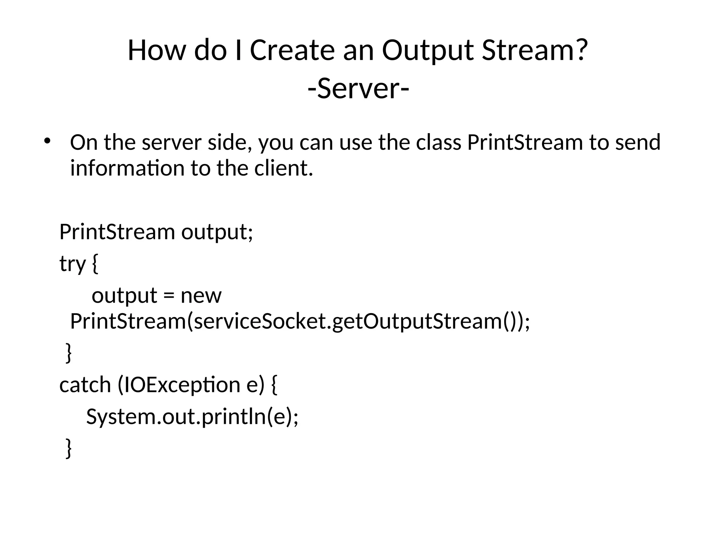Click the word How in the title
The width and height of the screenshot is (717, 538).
tap(156, 50)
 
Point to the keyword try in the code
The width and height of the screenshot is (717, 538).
tap(72, 264)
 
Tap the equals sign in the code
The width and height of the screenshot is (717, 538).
tap(168, 296)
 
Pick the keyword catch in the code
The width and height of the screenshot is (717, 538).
tap(85, 385)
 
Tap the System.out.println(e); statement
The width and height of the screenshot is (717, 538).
tap(192, 417)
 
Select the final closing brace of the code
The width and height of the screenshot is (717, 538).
tap(69, 449)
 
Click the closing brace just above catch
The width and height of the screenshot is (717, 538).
tap(69, 353)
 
